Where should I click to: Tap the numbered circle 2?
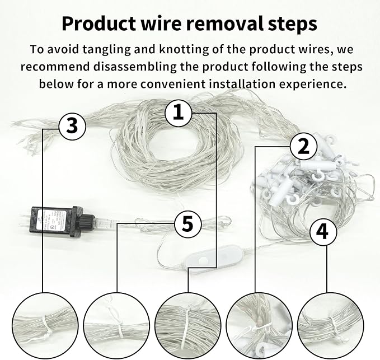pyautogui.click(x=304, y=147)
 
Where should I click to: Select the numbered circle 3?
pyautogui.click(x=72, y=127)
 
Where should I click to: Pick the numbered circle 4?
pyautogui.click(x=323, y=232)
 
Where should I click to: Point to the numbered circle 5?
pyautogui.click(x=188, y=223)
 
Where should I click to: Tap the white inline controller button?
pyautogui.click(x=203, y=260)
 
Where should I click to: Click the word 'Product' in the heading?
pyautogui.click(x=99, y=24)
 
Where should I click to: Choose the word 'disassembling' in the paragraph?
pyautogui.click(x=135, y=67)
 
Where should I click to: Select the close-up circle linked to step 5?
pyautogui.click(x=117, y=326)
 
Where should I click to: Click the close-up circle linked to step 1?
pyautogui.click(x=188, y=326)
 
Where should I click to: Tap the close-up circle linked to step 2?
pyautogui.click(x=259, y=326)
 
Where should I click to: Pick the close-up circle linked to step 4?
pyautogui.click(x=330, y=326)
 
